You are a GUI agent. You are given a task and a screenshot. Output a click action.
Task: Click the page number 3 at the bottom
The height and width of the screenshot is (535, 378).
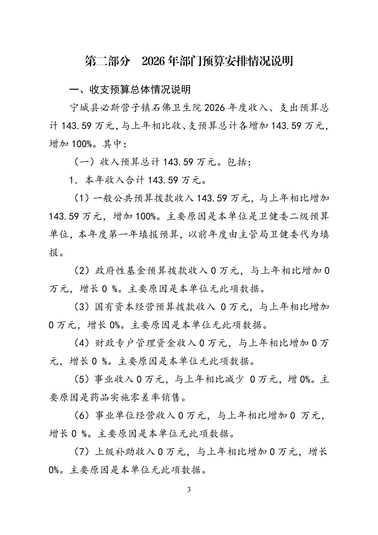click(x=189, y=490)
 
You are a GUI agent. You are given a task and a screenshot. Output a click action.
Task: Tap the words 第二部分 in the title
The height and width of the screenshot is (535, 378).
click(x=102, y=61)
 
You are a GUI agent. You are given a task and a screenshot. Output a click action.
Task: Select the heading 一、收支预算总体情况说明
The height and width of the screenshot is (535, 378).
click(x=130, y=89)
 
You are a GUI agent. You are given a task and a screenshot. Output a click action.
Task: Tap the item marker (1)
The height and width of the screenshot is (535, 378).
click(x=82, y=198)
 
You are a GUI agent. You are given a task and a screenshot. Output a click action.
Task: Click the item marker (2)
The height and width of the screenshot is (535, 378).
click(x=82, y=271)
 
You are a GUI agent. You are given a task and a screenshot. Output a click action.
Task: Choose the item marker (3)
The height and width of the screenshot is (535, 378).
click(x=82, y=307)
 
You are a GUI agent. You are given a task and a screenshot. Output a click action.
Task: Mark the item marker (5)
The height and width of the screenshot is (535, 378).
click(x=82, y=379)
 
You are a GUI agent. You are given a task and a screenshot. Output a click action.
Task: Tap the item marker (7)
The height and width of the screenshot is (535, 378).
click(x=82, y=452)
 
